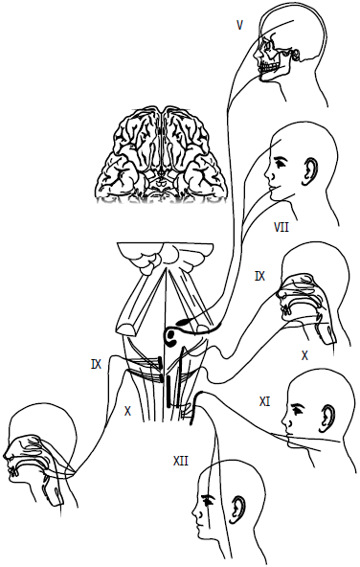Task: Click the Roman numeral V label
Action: (239, 25)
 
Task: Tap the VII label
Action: (281, 227)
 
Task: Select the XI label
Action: (264, 401)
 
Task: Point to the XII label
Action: (181, 461)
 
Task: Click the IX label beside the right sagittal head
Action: (259, 277)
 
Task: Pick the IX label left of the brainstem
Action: (96, 364)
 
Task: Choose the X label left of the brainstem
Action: (127, 411)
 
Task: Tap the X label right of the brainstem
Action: (304, 356)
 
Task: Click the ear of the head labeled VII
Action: (311, 169)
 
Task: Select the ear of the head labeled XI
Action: (326, 417)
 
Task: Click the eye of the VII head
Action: (281, 163)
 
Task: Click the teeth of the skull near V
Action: (269, 67)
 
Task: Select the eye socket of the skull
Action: (269, 46)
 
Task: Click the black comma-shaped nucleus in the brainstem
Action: (172, 334)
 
